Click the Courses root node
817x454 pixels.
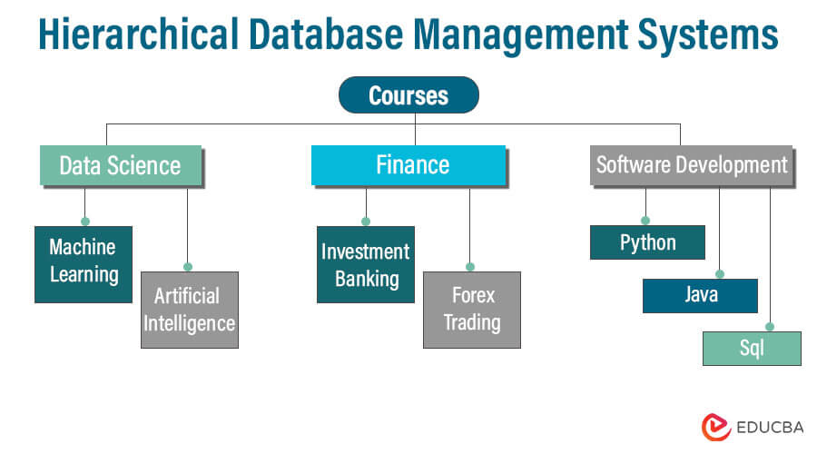408,94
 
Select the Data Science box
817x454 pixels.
120,165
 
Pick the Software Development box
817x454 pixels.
691,165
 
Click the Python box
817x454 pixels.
647,242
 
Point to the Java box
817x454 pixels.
700,295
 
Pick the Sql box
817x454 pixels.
752,348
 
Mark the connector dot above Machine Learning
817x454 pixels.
84,221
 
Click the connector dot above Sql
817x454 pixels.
770,326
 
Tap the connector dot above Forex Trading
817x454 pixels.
469,266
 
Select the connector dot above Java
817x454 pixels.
719,273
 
